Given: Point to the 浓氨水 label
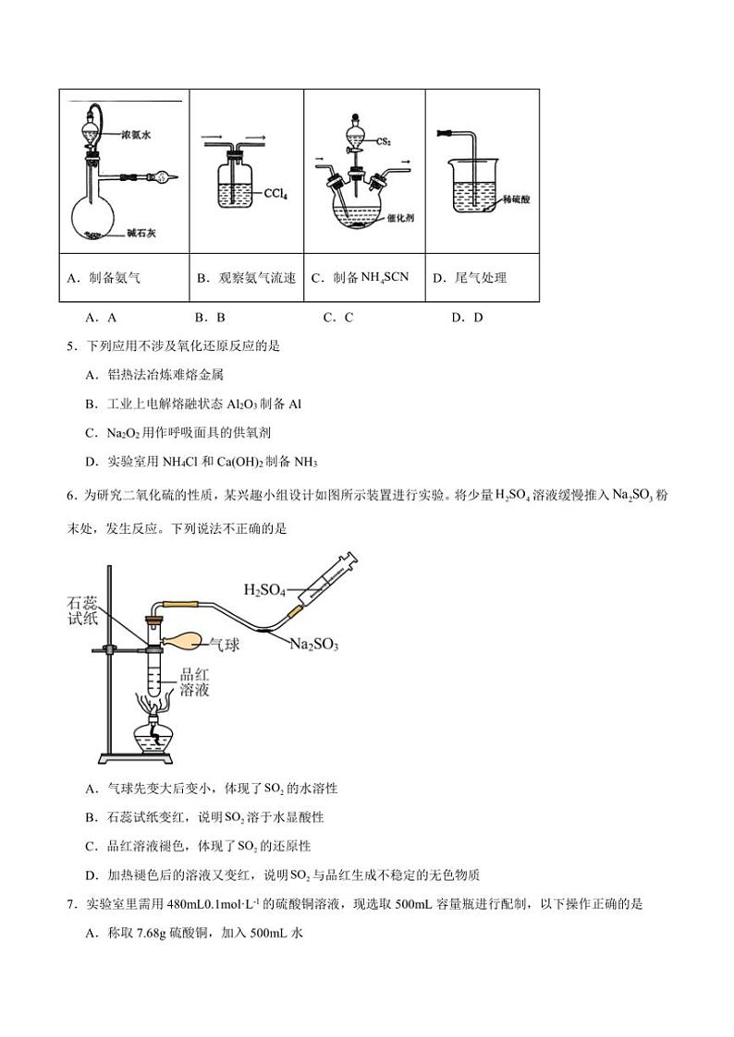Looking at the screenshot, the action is (135, 135).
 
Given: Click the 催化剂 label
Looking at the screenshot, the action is (400, 218).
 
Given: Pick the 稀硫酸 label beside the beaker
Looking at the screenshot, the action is (517, 199).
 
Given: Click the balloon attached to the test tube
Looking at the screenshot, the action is (184, 639).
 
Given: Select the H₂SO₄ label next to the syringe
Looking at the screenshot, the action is (264, 588).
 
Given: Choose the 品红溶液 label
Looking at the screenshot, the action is (195, 682).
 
